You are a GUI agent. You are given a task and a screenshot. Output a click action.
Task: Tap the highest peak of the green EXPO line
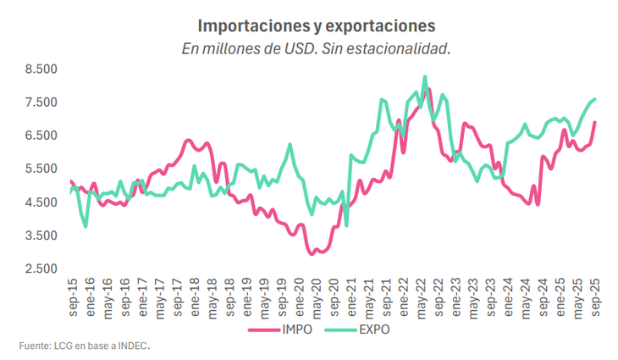coord(424,76)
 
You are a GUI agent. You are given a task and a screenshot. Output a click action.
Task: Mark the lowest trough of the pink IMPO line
coord(312,253)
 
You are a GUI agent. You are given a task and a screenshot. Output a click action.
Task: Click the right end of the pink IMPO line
coord(595,122)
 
